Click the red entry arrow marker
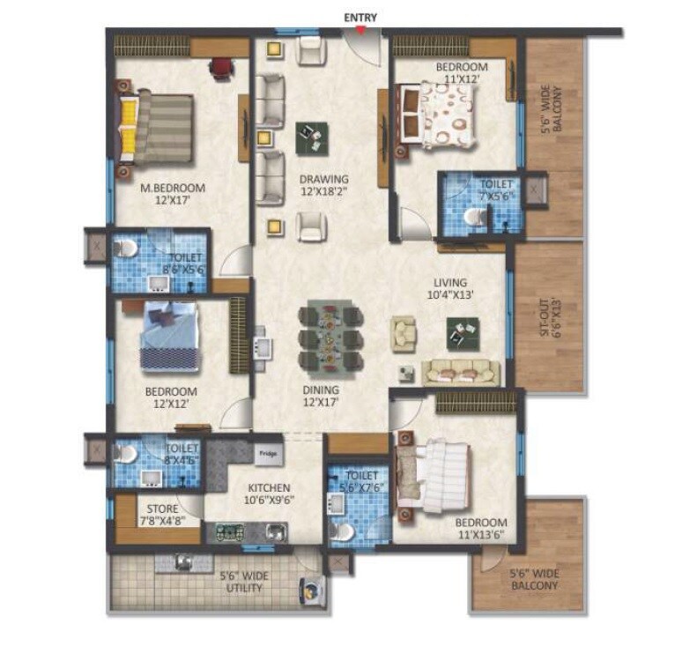pos(360,30)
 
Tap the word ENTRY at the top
pos(360,16)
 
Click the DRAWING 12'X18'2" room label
pos(322,185)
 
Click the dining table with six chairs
pos(330,338)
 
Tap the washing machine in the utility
pos(310,590)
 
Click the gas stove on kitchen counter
pos(230,531)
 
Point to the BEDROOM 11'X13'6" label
pos(482,528)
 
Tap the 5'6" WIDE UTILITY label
pos(244,583)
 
